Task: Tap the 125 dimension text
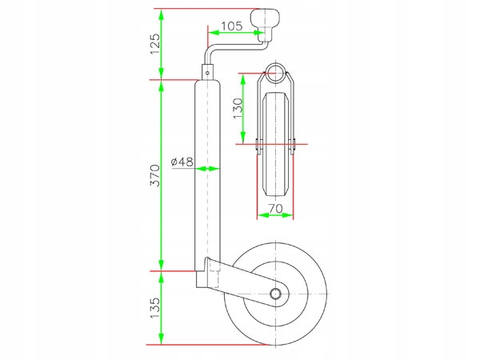155,46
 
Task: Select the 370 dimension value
155,174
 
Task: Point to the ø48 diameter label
182,162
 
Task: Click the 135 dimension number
155,308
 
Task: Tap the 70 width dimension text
276,207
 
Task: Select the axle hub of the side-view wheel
276,294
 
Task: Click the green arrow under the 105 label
232,34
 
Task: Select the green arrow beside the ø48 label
207,169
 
